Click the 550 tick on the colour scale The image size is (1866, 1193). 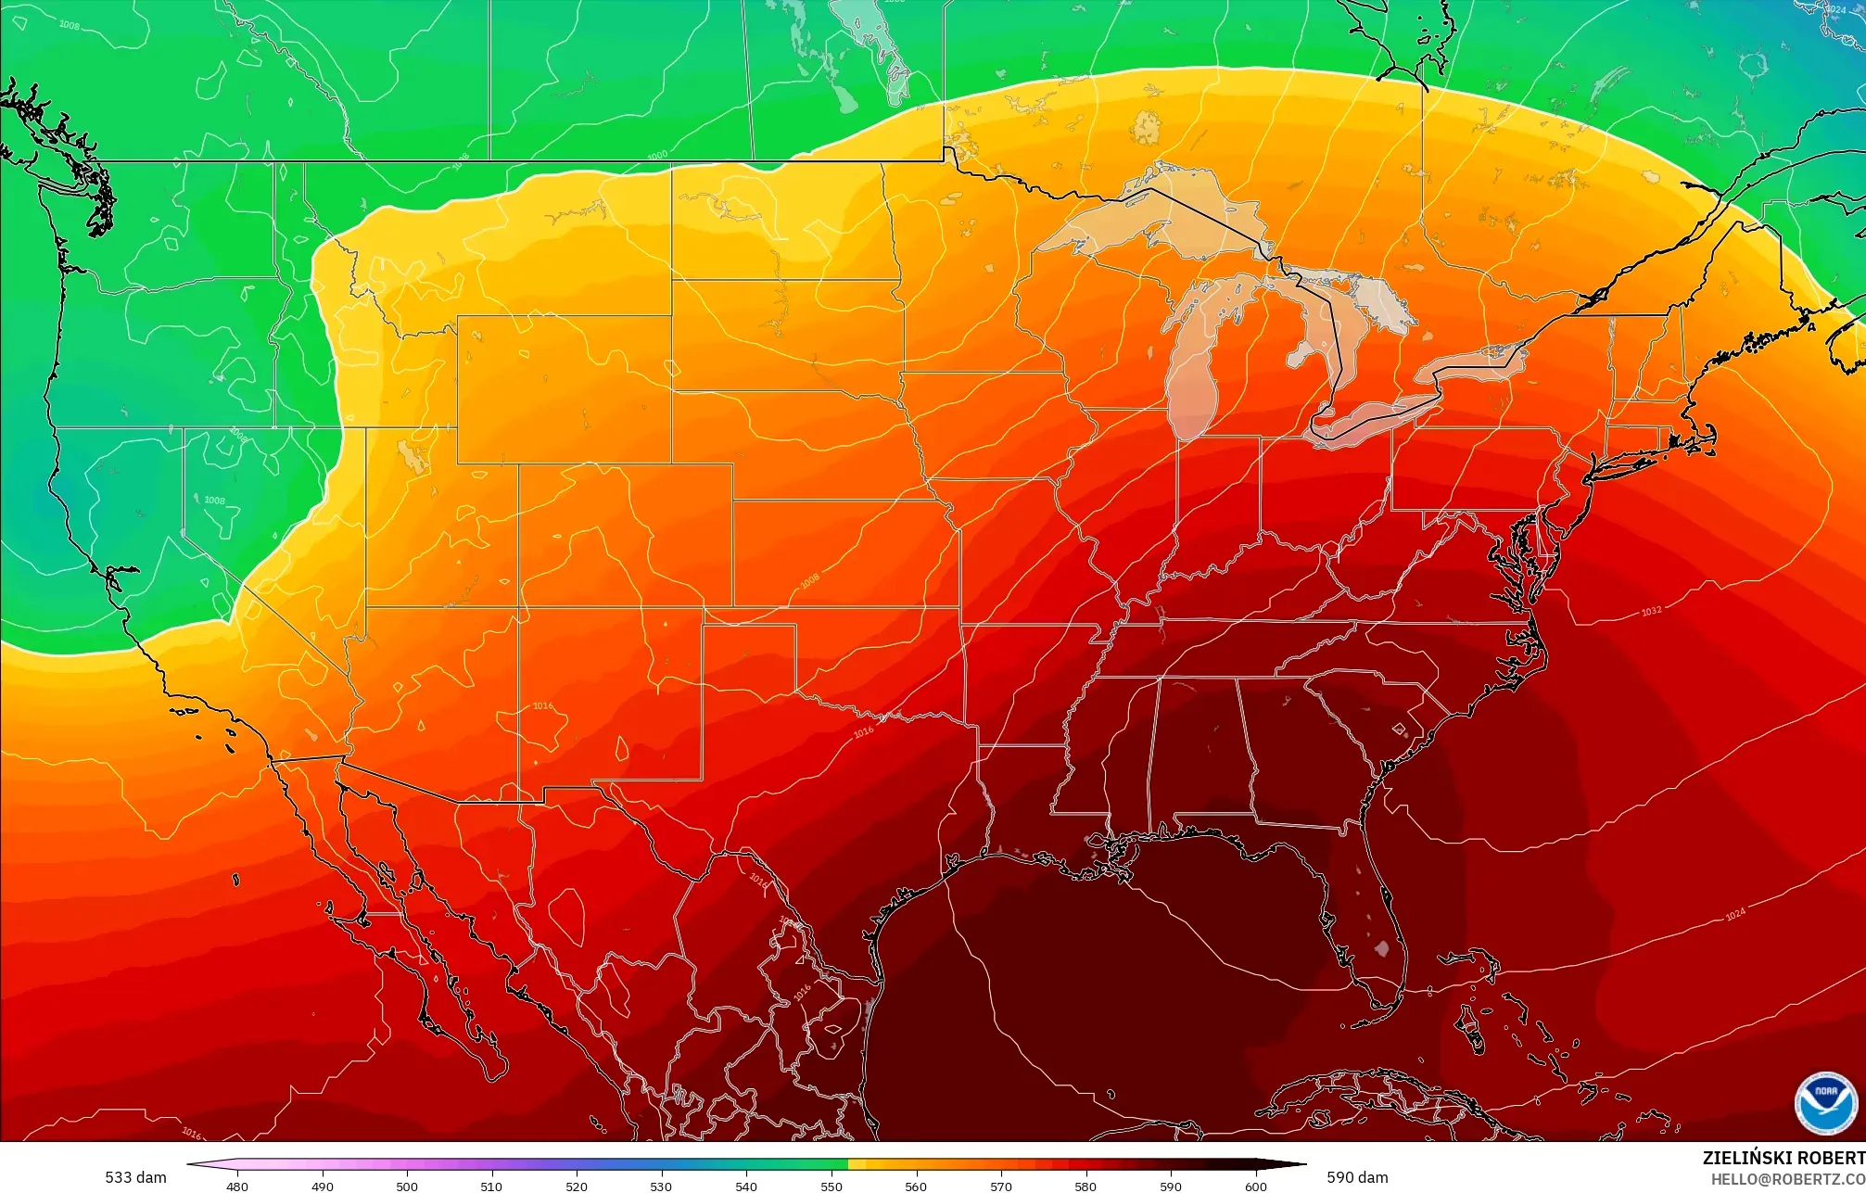pyautogui.click(x=831, y=1186)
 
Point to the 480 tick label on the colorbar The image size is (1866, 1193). pyautogui.click(x=237, y=1186)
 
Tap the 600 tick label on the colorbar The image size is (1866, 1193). pyautogui.click(x=1255, y=1186)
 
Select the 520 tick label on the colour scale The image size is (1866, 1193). pyautogui.click(x=577, y=1186)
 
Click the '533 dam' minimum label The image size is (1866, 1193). pyautogui.click(x=135, y=1177)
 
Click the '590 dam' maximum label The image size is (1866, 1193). pyautogui.click(x=1357, y=1177)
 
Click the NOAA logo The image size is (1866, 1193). pyautogui.click(x=1825, y=1103)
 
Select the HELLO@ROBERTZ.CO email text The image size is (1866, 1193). pyautogui.click(x=1787, y=1179)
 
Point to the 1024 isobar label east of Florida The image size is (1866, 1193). pyautogui.click(x=1735, y=915)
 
